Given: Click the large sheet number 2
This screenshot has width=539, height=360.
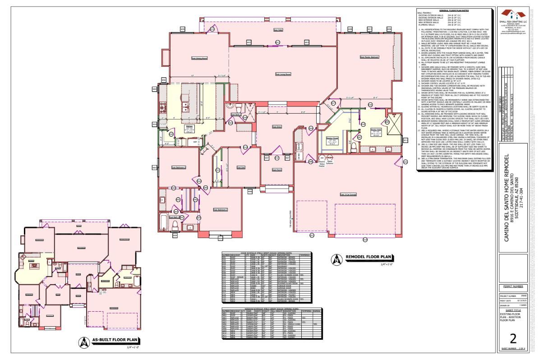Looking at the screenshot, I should (x=512, y=339).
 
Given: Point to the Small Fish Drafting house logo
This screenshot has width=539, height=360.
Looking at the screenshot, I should (x=512, y=14).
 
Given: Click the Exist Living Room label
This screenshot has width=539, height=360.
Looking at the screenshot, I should (x=283, y=74).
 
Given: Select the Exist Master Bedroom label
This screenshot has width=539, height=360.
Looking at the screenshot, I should (x=369, y=57).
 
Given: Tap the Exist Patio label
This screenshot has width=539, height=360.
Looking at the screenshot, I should (x=278, y=30).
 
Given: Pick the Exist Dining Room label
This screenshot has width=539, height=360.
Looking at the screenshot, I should (x=199, y=58).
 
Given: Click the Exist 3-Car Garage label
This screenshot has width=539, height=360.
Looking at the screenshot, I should (x=349, y=195).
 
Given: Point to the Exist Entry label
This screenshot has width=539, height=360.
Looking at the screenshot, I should (x=276, y=139).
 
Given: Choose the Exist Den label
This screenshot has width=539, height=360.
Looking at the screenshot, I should (x=240, y=167).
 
